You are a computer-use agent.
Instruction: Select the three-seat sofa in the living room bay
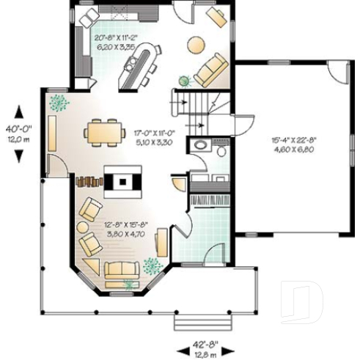(121, 272)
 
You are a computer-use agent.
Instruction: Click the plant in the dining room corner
(58, 103)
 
